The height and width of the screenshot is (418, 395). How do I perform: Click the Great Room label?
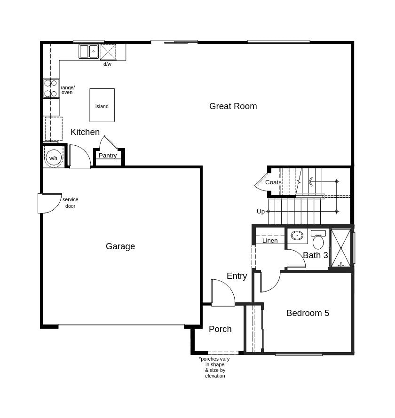coord(233,106)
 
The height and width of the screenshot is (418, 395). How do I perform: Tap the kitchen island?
coord(102,105)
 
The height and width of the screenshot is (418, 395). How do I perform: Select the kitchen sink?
coord(88,51)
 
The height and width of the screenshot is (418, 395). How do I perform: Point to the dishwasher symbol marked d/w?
coord(108,52)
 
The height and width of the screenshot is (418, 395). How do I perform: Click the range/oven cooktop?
coord(51,88)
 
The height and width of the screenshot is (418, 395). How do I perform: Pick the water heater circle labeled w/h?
coord(53,158)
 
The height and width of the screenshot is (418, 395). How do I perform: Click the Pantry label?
coord(108,156)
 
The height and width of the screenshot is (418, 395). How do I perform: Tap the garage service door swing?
coord(49,203)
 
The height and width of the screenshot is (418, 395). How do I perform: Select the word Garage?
coord(120,246)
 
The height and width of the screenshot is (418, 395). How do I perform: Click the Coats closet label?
coord(273,182)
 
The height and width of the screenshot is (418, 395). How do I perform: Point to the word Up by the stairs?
coord(261,212)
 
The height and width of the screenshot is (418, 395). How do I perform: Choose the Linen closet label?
coord(270,241)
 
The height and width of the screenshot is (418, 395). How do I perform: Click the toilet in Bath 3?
coord(318,240)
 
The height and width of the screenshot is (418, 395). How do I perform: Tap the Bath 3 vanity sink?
coord(297,235)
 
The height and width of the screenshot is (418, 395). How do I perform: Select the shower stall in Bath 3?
coord(341,248)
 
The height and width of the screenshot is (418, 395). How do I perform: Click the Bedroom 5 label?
coord(308,313)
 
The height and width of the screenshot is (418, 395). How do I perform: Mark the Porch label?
coord(220,329)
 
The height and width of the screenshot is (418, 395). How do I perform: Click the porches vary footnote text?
coord(214,367)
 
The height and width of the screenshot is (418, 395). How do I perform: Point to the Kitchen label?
coord(85,132)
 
